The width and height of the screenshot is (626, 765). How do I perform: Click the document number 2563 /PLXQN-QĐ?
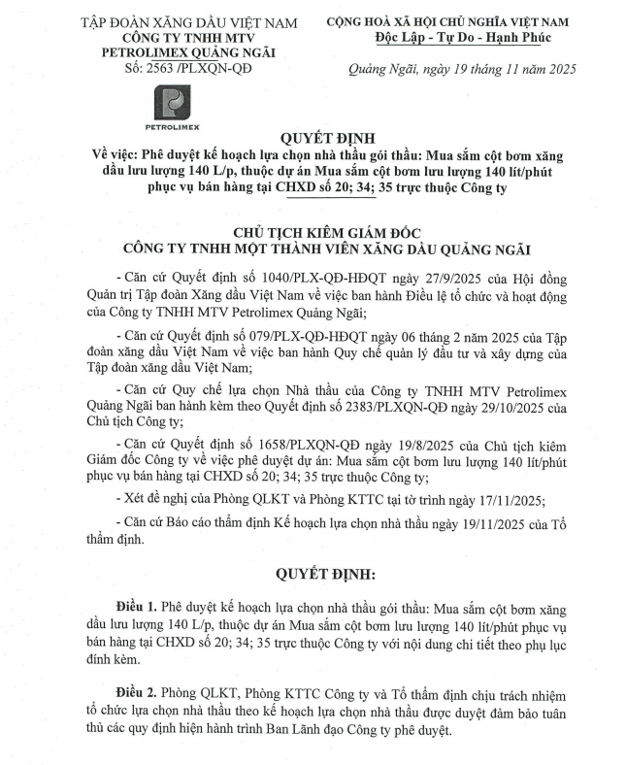coord(176,68)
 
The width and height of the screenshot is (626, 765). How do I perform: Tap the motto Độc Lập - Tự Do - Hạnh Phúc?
coord(462,37)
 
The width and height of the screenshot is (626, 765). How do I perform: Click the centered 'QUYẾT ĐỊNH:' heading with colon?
coord(317,575)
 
